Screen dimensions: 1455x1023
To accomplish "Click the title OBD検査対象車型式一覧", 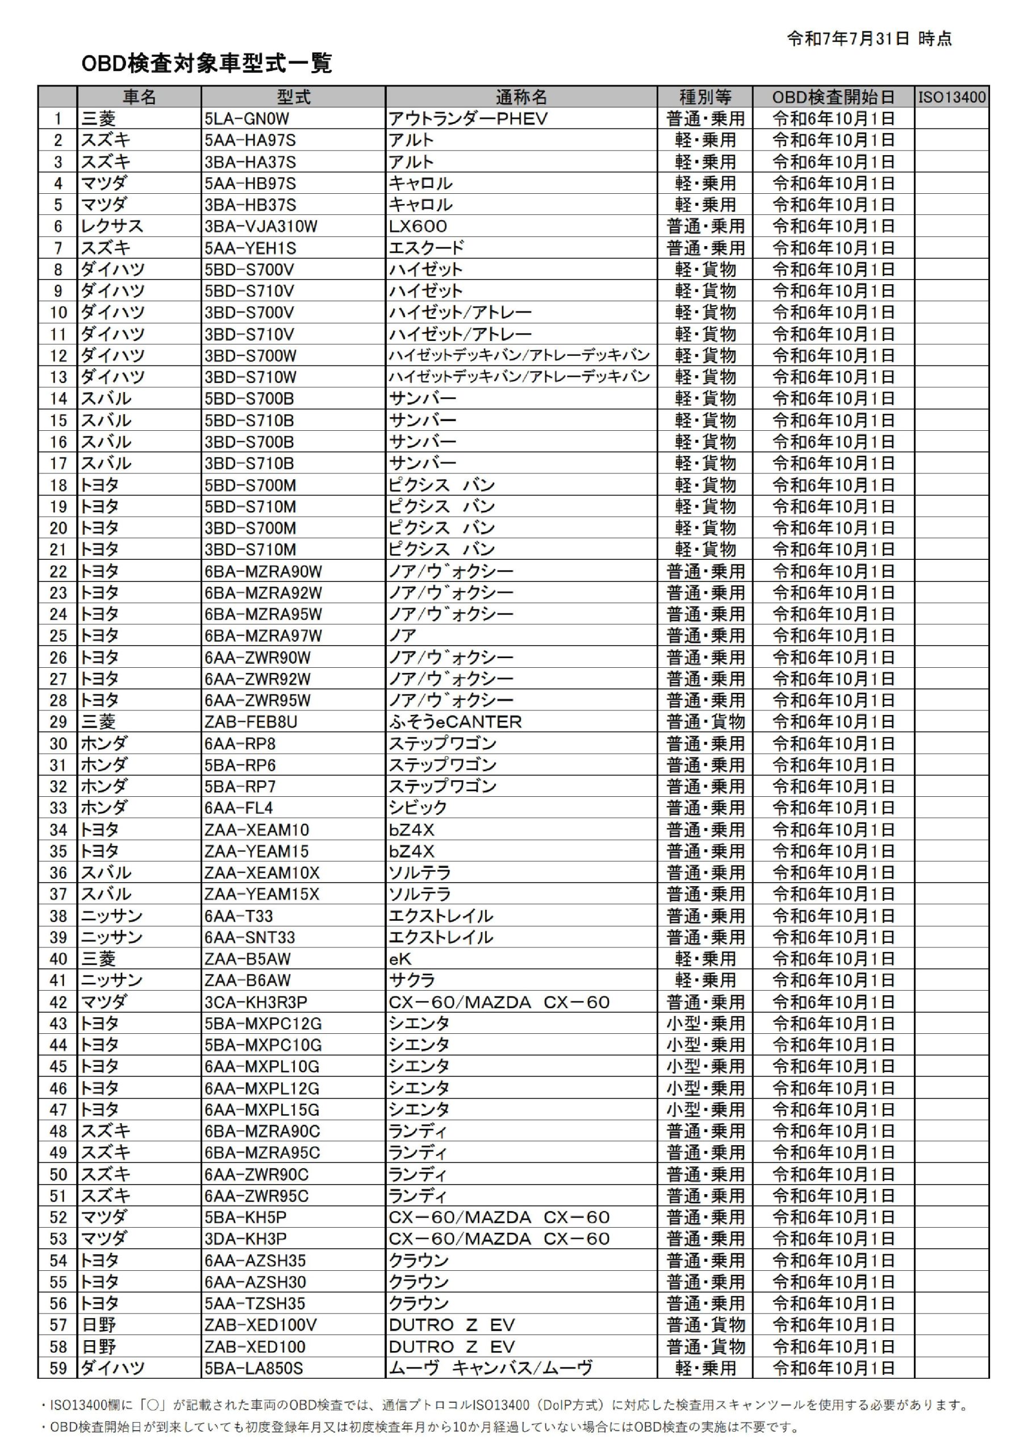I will [x=207, y=63].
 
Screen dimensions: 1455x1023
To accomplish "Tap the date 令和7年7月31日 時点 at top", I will [x=868, y=39].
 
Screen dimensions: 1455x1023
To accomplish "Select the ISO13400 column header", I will [x=951, y=97].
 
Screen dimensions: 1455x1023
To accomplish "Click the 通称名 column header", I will [x=521, y=97].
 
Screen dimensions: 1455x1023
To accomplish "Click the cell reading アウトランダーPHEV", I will [x=467, y=119].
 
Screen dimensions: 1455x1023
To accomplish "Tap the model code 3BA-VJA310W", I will [x=260, y=226].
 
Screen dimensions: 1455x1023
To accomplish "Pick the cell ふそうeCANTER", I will [x=455, y=722].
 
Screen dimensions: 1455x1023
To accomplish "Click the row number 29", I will [x=59, y=722].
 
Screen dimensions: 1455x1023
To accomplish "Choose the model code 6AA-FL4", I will [x=238, y=808].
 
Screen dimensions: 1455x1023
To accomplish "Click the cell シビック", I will [x=417, y=808].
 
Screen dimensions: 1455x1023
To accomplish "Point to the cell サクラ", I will [x=412, y=980].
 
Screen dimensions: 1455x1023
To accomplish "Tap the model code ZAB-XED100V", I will [x=260, y=1325].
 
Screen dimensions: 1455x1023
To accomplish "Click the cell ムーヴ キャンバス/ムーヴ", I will [x=490, y=1368].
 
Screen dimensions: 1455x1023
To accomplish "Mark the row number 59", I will [x=59, y=1368].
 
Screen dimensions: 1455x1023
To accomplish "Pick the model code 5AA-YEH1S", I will [x=250, y=248].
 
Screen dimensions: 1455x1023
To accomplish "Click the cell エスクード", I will [x=427, y=248].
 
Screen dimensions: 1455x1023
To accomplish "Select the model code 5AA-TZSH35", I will [x=254, y=1304].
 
